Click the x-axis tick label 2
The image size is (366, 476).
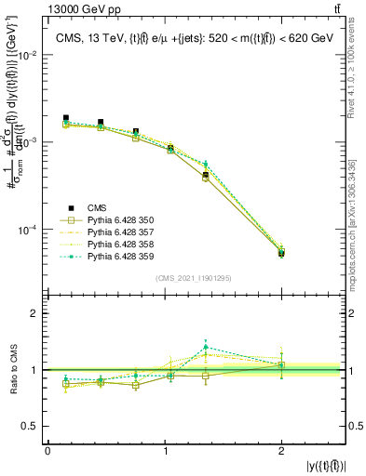(x=281, y=450)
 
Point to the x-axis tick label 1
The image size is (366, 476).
(x=165, y=450)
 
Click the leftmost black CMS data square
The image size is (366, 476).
(x=66, y=118)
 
